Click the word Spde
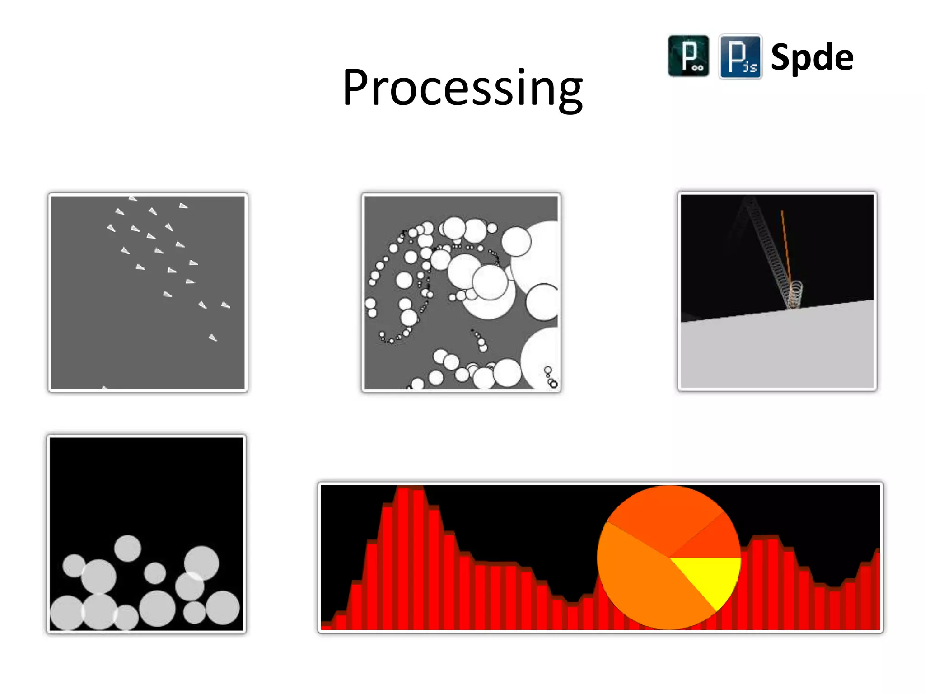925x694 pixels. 812,57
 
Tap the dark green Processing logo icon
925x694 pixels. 688,56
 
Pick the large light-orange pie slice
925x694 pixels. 641,583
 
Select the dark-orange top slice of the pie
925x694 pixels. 664,515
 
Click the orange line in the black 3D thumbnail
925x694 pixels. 785,244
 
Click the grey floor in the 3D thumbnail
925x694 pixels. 777,352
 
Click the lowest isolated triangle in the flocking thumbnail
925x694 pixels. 213,338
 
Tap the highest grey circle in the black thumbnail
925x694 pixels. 128,549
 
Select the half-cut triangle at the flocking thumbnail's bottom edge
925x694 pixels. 105,387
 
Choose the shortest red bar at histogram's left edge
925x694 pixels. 326,626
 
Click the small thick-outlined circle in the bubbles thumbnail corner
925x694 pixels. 554,384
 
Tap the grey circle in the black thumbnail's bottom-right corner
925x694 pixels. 223,608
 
